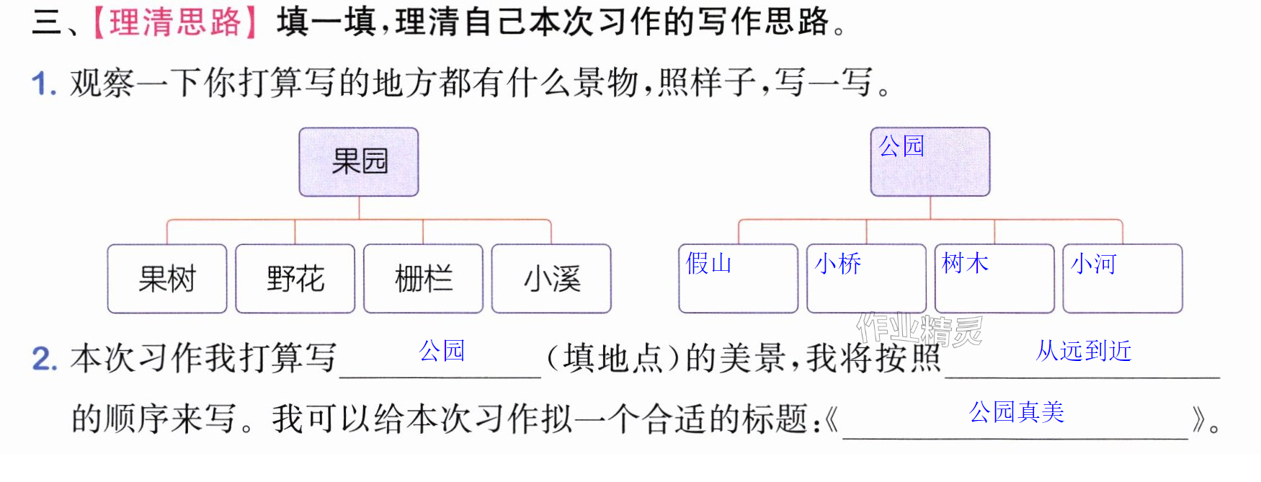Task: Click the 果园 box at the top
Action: pos(359,162)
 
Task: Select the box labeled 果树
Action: pos(167,279)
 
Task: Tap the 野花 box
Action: pos(295,279)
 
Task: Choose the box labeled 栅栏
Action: pos(424,279)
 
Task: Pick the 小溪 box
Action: pos(551,279)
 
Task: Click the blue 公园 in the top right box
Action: pos(901,146)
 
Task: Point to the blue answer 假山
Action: pos(709,264)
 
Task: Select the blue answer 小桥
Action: pos(838,264)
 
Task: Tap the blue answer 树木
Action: pos(966,264)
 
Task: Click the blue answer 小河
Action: pos(1094,264)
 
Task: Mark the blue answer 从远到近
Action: pos(1084,351)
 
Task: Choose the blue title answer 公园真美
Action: pos(1017,412)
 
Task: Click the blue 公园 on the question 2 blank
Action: pos(442,351)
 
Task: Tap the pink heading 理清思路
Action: pos(175,22)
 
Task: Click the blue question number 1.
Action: pos(44,84)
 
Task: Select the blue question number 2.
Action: pos(45,358)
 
